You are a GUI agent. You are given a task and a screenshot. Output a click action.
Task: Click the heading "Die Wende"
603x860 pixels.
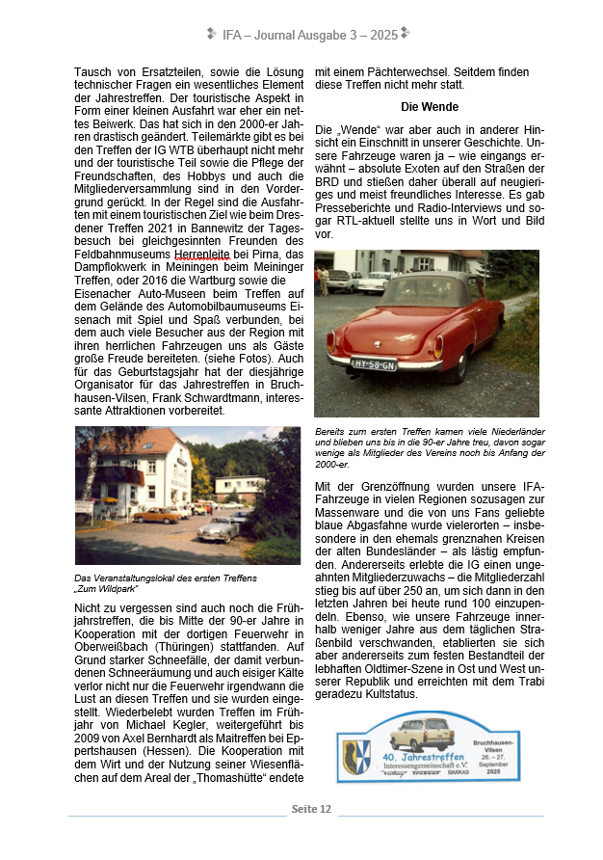[430, 107]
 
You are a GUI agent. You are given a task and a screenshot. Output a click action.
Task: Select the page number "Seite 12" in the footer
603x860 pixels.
[311, 809]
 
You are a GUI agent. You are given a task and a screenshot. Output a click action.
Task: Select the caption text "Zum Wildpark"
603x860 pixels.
[105, 587]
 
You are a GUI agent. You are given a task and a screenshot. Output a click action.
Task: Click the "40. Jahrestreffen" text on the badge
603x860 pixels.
[424, 756]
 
